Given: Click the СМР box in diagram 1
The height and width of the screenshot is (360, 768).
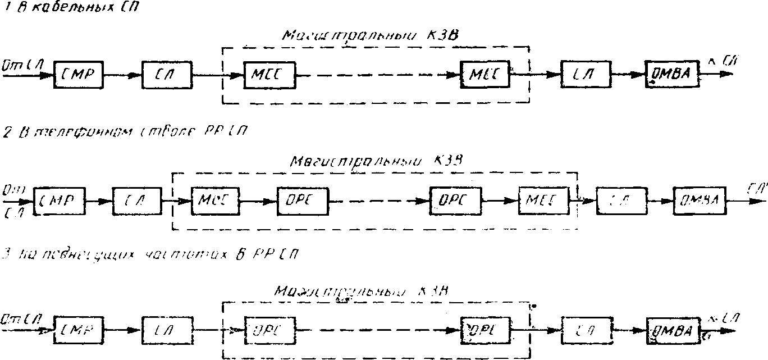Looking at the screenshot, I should click(x=79, y=74).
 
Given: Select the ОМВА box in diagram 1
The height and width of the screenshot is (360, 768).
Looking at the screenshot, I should click(x=672, y=73).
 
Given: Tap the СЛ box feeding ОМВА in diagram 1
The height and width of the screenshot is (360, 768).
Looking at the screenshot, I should click(x=586, y=74).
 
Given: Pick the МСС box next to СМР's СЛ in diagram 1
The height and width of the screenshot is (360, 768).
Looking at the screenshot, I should click(x=269, y=74).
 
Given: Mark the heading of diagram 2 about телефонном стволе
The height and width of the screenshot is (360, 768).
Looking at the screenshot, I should click(x=124, y=133).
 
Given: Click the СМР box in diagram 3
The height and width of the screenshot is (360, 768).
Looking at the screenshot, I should click(x=79, y=330).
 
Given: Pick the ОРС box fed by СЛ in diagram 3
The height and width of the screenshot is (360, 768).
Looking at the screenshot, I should click(x=269, y=330).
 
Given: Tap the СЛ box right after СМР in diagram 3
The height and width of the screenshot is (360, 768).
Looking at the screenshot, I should click(x=167, y=330).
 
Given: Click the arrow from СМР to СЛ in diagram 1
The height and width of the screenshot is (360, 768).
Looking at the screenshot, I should click(x=122, y=74).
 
